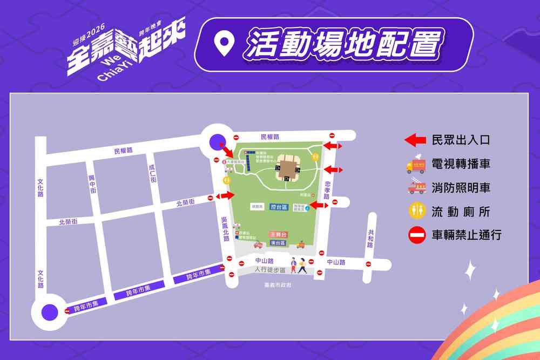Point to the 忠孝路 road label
point(327,189)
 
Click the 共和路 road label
point(370,238)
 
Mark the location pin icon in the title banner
point(223,45)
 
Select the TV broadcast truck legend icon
point(416,164)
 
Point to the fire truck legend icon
point(416,187)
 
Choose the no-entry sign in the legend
point(416,235)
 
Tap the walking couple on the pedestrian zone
point(298,265)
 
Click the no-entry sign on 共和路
point(368,264)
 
